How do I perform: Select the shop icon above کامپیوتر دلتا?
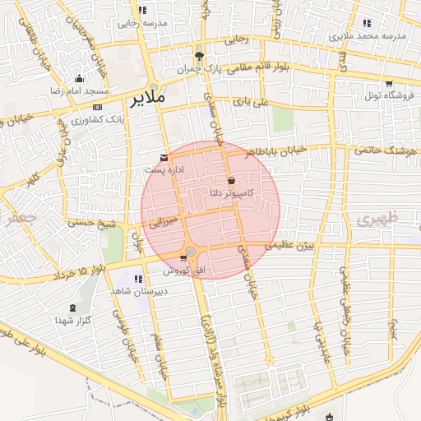click(x=230, y=180)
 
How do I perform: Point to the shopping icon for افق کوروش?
click(x=183, y=259)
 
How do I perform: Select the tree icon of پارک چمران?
click(x=199, y=56)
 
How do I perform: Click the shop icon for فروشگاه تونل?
click(x=388, y=84)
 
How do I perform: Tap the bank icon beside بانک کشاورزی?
click(x=98, y=107)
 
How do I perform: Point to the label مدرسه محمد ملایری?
click(x=368, y=36)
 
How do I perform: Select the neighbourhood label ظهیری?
click(x=377, y=218)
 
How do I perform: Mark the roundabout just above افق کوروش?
click(x=191, y=250)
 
